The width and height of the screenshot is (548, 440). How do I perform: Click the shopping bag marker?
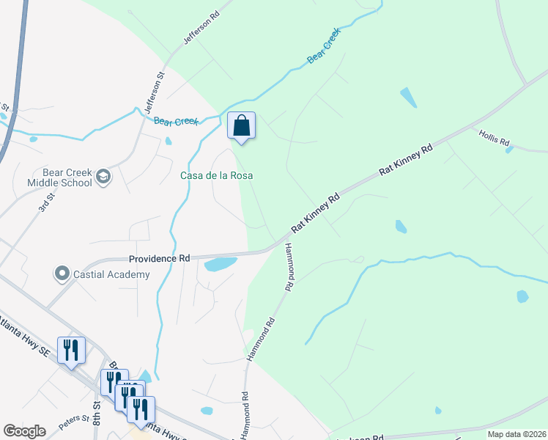pyautogui.click(x=241, y=126)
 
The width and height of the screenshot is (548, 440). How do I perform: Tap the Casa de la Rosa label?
pyautogui.click(x=212, y=175)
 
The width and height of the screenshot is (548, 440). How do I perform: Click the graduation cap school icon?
pyautogui.click(x=104, y=177)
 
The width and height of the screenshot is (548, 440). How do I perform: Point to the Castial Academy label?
pyautogui.click(x=112, y=274)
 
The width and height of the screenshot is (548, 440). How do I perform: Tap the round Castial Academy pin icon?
pyautogui.click(x=62, y=274)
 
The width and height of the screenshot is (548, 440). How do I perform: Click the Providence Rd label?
pyautogui.click(x=159, y=258)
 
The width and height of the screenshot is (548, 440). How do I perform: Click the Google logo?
pyautogui.click(x=24, y=431)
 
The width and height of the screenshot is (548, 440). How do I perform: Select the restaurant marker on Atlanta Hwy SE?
pyautogui.click(x=71, y=350)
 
